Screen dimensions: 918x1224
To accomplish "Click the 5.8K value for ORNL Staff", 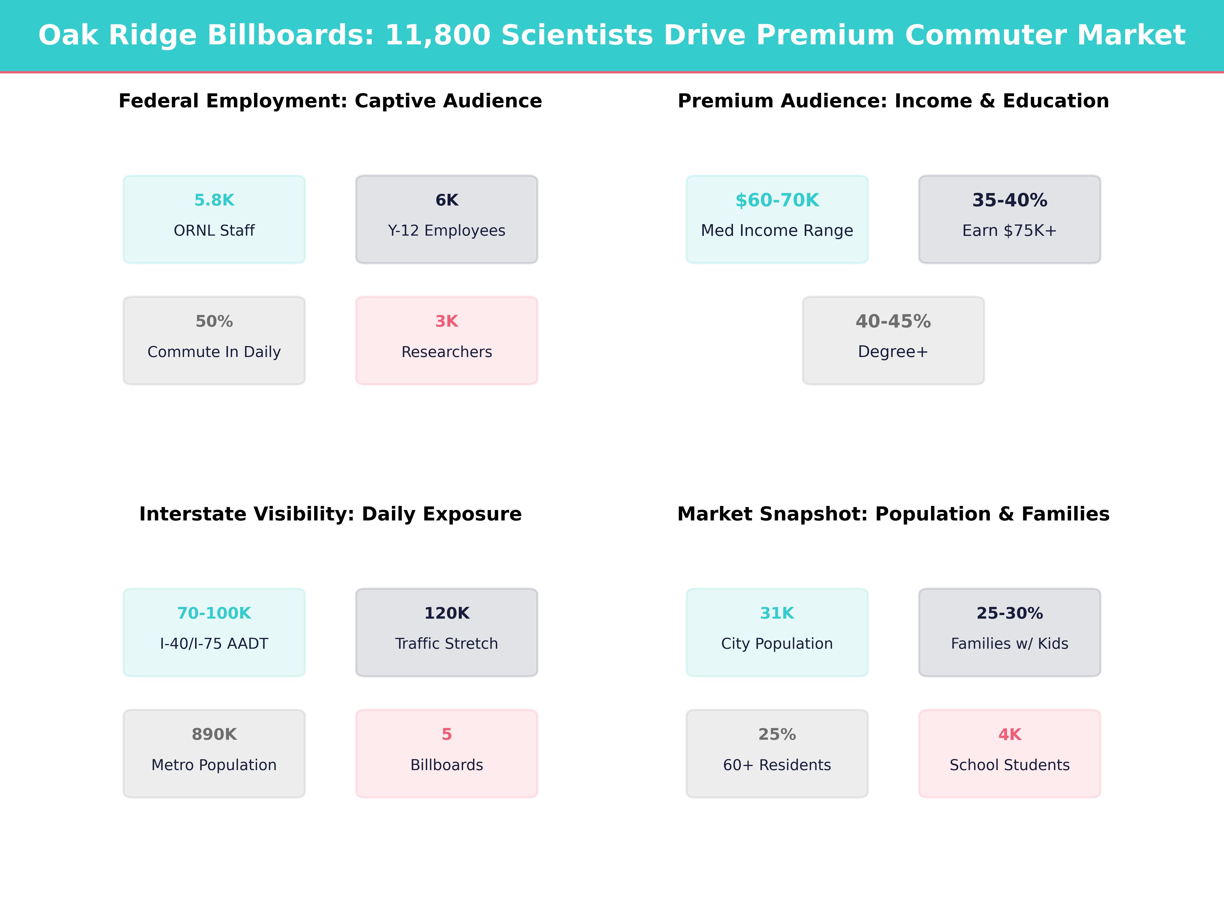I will click(214, 200).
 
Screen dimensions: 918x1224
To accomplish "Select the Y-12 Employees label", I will click(447, 231).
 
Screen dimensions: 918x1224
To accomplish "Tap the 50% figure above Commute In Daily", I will click(214, 322).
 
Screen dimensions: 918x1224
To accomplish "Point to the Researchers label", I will click(447, 352).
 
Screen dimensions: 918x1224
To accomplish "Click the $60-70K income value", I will click(777, 200).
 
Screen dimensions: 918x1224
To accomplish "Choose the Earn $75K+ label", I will click(1009, 231).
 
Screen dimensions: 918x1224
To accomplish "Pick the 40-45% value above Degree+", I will click(893, 322).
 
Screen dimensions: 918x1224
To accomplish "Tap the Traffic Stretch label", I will click(447, 644).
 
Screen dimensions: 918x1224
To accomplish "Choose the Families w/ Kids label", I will click(1009, 644).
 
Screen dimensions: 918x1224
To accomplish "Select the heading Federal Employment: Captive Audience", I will click(330, 101).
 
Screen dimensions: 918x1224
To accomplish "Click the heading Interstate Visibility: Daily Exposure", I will click(330, 514).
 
